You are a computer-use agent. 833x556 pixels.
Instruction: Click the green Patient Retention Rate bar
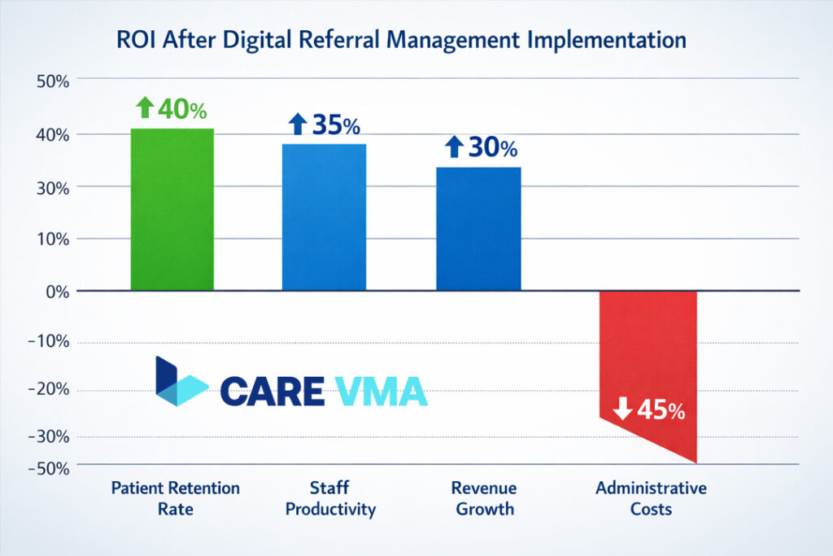172,209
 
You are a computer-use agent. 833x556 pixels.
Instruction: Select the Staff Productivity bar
324,217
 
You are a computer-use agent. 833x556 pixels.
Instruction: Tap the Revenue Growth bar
478,229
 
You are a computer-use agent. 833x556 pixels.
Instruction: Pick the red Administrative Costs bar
648,358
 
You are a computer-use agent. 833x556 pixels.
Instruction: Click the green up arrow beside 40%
145,107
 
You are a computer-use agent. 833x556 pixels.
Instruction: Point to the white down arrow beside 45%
622,409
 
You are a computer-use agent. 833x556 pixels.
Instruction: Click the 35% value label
335,125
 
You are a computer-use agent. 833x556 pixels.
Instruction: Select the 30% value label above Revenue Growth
491,148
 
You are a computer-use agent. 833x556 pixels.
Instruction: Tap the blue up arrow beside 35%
298,125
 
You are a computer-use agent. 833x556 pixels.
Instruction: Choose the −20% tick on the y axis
50,390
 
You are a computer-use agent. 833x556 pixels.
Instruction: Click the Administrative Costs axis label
651,498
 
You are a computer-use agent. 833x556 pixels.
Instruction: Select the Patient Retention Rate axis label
176,498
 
